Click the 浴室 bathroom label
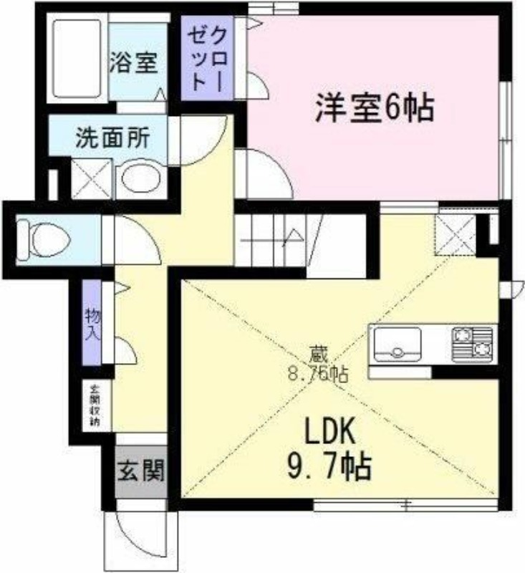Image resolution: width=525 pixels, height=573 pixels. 133,63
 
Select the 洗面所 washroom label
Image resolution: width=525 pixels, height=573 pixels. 112,136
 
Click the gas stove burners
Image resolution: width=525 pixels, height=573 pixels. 473,342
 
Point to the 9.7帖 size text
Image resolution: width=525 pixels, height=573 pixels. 330,468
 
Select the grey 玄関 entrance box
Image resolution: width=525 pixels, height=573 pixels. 141,471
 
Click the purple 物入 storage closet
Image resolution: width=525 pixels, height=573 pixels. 92,324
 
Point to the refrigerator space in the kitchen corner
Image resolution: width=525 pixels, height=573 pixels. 456,233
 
